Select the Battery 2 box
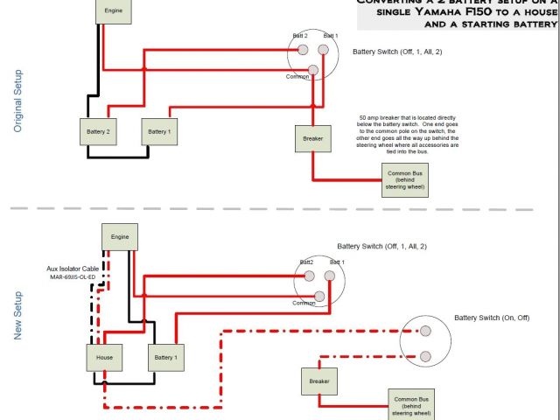(97, 131)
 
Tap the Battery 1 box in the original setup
(158, 131)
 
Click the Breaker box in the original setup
(312, 139)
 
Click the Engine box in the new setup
(119, 236)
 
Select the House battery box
(104, 357)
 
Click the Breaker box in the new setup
(318, 381)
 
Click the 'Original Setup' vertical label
(18, 101)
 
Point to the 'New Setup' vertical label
(18, 315)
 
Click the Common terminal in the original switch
(312, 70)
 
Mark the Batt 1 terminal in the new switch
(330, 275)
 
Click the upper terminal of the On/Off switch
(424, 332)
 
